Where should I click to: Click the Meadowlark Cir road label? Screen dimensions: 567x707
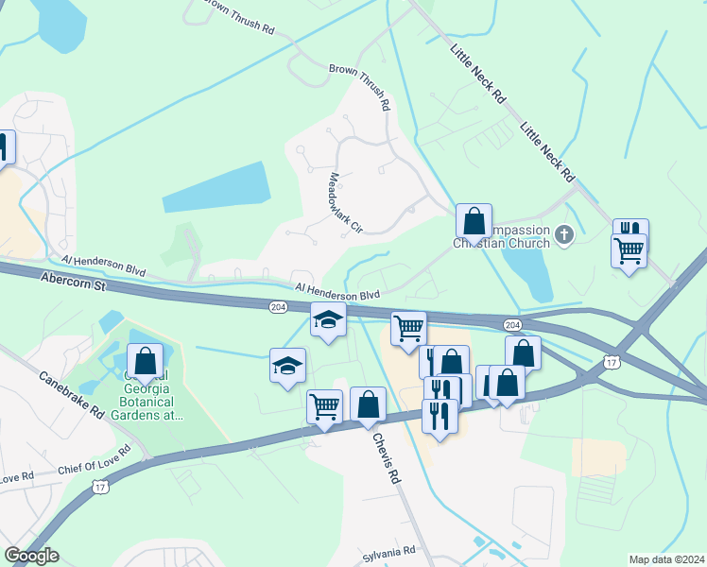click(345, 201)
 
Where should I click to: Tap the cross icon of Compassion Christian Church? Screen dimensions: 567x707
click(564, 234)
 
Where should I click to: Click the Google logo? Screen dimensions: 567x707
click(31, 555)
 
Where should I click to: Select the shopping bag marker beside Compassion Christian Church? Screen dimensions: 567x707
click(474, 222)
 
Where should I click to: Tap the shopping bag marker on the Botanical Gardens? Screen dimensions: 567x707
click(145, 361)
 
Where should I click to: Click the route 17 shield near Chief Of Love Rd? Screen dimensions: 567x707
click(100, 487)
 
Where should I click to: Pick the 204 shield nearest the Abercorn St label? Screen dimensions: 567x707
click(277, 306)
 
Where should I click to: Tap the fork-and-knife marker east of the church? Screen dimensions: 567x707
click(630, 232)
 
